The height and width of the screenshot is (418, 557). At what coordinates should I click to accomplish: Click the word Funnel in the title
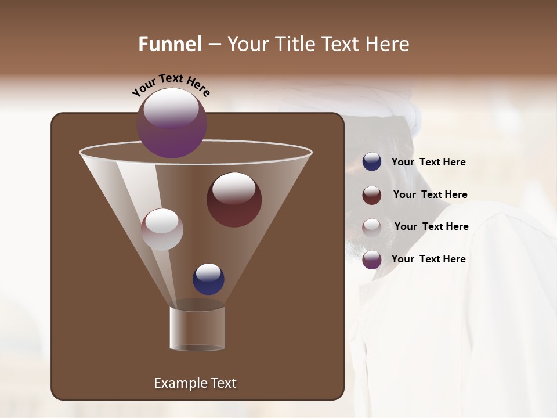pyautogui.click(x=169, y=44)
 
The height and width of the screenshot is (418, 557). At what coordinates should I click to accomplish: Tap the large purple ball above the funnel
pyautogui.click(x=172, y=123)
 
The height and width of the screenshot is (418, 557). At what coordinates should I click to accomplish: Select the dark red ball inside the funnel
pyautogui.click(x=234, y=200)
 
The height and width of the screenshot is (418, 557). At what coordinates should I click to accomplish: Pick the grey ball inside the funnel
pyautogui.click(x=162, y=229)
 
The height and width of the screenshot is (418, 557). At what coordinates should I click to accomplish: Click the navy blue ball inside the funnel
pyautogui.click(x=208, y=279)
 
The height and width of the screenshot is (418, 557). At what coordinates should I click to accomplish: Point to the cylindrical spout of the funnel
pyautogui.click(x=197, y=329)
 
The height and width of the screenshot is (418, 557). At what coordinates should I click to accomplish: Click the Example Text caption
pyautogui.click(x=195, y=383)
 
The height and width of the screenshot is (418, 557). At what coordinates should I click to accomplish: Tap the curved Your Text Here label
pyautogui.click(x=171, y=85)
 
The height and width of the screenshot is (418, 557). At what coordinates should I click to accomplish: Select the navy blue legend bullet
pyautogui.click(x=372, y=162)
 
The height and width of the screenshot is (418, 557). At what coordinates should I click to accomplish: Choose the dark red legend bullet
pyautogui.click(x=372, y=195)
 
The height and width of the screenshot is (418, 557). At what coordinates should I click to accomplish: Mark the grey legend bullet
pyautogui.click(x=372, y=227)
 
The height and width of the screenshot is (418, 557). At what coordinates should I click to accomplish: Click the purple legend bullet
pyautogui.click(x=372, y=260)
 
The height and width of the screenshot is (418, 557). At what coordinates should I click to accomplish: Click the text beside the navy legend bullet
pyautogui.click(x=428, y=163)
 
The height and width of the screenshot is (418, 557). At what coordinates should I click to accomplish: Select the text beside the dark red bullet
pyautogui.click(x=430, y=195)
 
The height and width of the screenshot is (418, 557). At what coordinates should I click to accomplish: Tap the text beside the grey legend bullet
pyautogui.click(x=431, y=227)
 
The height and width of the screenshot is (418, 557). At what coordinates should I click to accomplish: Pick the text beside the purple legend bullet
pyautogui.click(x=428, y=260)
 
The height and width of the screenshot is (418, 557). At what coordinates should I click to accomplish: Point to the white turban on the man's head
pyautogui.click(x=406, y=107)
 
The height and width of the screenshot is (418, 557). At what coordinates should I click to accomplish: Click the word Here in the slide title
pyautogui.click(x=388, y=44)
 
